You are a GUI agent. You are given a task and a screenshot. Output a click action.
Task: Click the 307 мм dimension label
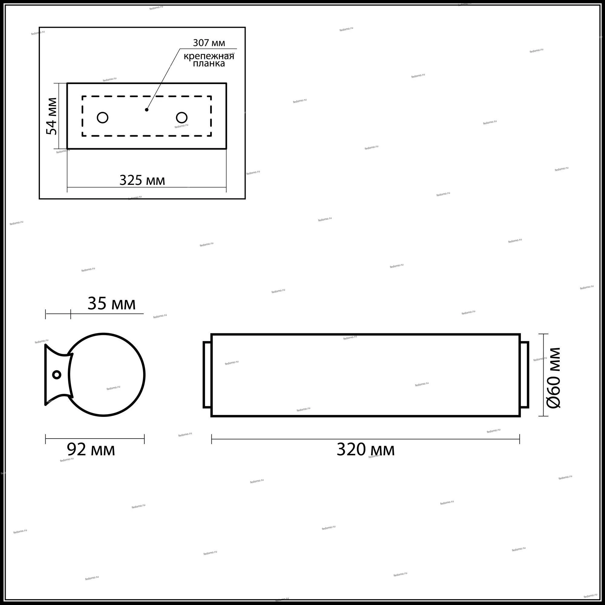click(209, 43)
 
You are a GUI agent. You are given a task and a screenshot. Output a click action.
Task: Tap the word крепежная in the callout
click(209, 56)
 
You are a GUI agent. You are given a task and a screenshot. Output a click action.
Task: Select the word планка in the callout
click(209, 64)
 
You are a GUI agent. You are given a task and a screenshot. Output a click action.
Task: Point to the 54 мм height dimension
click(52, 116)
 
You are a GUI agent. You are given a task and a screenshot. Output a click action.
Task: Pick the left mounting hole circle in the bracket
click(103, 117)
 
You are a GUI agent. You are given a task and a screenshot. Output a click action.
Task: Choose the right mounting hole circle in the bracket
click(181, 117)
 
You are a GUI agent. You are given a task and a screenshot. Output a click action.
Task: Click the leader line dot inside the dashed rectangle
click(146, 110)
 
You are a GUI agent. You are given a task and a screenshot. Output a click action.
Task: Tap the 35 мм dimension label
click(112, 303)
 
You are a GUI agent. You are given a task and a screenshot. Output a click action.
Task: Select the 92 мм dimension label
click(91, 450)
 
